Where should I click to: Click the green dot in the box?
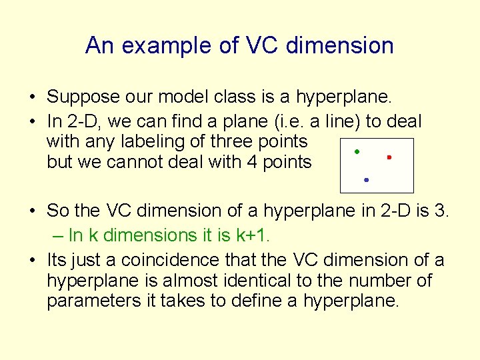[x=357, y=152]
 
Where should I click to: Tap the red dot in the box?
[x=389, y=157]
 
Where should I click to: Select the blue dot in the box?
[x=367, y=180]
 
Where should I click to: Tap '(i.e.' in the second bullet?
[x=309, y=121]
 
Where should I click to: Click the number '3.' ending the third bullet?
[x=443, y=211]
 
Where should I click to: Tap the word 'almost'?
[x=213, y=280]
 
